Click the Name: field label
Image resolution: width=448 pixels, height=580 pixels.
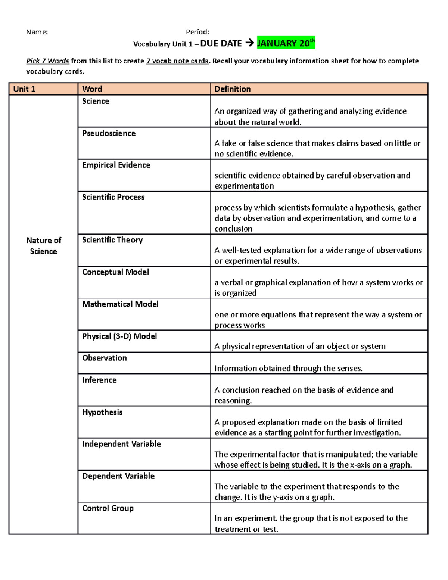click(37, 32)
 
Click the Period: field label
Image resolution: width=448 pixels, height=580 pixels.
click(197, 32)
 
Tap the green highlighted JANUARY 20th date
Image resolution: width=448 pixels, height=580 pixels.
click(286, 43)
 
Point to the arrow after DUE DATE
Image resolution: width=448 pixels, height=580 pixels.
click(249, 44)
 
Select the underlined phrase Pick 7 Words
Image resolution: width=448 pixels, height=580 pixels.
click(47, 61)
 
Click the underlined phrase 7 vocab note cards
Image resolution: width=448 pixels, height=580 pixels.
click(177, 61)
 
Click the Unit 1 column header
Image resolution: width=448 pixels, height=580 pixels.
click(24, 89)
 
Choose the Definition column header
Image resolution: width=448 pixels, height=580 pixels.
click(232, 89)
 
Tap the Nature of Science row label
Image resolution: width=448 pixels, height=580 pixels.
click(44, 246)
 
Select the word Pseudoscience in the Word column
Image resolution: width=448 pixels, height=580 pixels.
click(109, 133)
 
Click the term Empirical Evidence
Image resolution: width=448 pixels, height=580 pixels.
click(116, 165)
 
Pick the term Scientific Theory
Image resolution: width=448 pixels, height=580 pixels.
click(112, 240)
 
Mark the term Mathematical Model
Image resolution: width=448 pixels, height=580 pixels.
click(120, 304)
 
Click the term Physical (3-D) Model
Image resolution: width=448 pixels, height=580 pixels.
click(119, 336)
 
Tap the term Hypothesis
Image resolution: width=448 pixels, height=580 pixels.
click(102, 412)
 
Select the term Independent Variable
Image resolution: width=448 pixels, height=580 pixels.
click(121, 444)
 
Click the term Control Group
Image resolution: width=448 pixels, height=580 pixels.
click(108, 508)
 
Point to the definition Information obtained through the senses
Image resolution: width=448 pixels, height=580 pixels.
click(288, 368)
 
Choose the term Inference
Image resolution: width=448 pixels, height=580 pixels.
click(99, 380)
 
